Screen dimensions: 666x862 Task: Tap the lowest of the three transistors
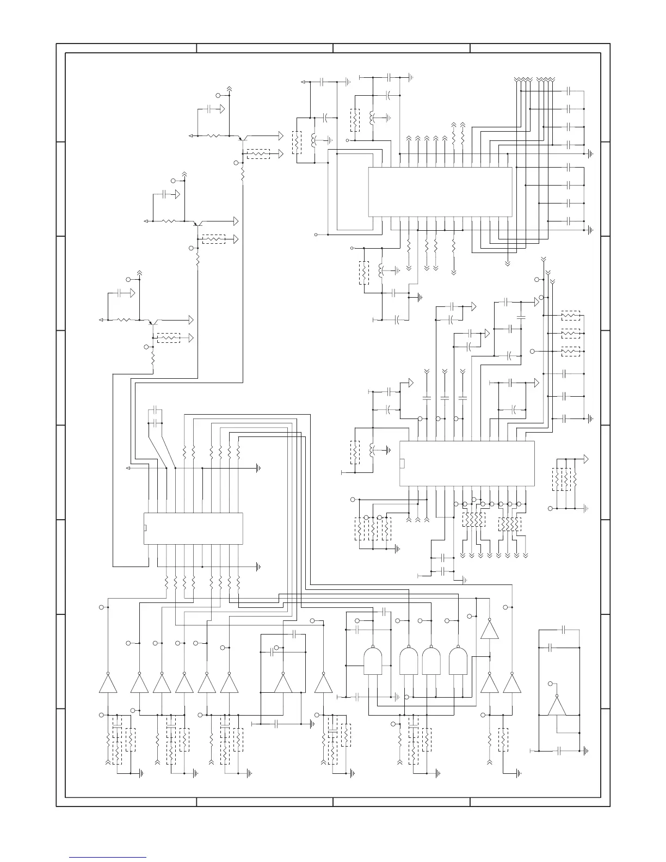(152, 322)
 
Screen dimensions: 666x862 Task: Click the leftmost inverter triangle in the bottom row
(108, 684)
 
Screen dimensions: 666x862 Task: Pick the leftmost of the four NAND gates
(372, 660)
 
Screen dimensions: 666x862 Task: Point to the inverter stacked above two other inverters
(490, 630)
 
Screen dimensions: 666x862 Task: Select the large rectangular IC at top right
(440, 192)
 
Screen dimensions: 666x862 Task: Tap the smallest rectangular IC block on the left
(193, 528)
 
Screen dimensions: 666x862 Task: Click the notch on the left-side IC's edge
(145, 528)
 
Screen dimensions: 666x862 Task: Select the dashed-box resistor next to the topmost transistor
(258, 154)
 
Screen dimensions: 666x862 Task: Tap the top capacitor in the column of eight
(569, 90)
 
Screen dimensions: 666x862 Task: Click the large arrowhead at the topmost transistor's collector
(280, 135)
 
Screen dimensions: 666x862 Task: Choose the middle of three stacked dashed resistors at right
(570, 334)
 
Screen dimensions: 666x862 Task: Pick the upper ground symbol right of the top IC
(591, 154)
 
